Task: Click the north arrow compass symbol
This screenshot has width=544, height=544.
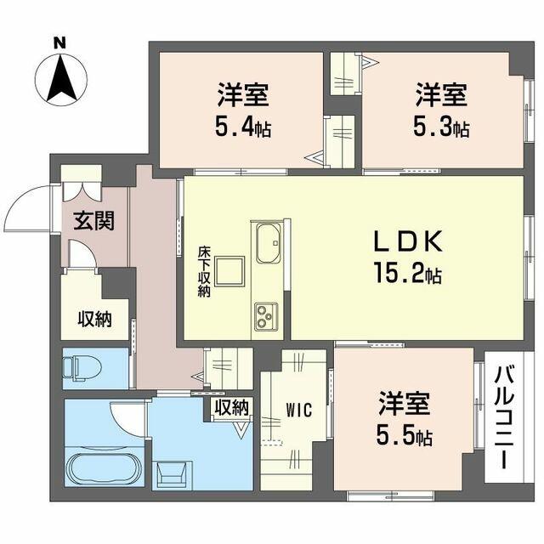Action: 62,79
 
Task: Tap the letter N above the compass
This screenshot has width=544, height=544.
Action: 59,43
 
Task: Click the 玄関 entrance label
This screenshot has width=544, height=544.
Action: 94,221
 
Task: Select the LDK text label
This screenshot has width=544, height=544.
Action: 408,241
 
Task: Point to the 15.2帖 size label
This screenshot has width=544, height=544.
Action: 407,273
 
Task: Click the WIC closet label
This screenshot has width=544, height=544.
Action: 299,410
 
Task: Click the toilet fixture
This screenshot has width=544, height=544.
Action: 82,368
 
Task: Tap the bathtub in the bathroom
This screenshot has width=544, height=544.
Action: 103,468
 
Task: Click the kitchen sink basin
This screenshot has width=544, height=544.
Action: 269,243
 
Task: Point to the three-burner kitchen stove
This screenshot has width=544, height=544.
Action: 266,316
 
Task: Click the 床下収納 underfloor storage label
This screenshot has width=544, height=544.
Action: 204,272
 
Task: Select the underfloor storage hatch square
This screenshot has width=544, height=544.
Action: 229,271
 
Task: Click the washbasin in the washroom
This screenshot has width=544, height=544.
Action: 172,475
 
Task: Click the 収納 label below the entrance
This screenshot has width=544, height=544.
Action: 94,320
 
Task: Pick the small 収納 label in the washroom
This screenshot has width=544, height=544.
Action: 232,408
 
